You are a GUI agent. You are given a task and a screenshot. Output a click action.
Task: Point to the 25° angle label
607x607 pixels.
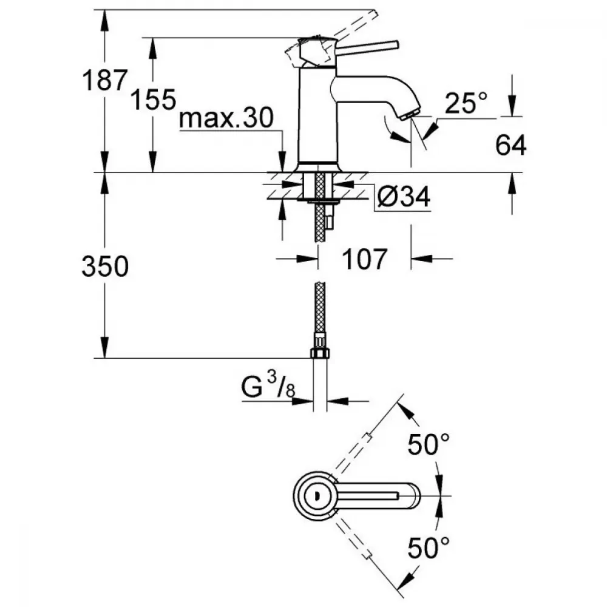(466, 104)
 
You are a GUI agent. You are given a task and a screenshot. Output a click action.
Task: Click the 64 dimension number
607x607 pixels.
(510, 146)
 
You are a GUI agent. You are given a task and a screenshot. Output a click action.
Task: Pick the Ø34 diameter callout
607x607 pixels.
(402, 197)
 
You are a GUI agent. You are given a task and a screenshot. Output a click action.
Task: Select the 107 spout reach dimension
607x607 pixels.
(364, 260)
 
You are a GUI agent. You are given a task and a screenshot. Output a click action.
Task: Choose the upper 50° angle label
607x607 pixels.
(430, 447)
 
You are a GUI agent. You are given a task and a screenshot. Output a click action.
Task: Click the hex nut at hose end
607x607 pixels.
(318, 353)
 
